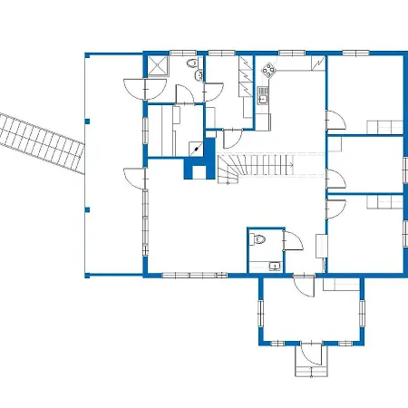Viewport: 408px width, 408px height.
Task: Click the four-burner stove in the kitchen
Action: tap(269, 67)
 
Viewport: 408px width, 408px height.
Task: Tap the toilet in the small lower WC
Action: tap(260, 241)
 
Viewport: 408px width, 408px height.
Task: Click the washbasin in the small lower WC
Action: tap(273, 263)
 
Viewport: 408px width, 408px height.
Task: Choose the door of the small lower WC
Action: tap(293, 240)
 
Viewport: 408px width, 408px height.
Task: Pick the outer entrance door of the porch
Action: tap(311, 350)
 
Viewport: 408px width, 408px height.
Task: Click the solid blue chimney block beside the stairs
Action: tap(194, 169)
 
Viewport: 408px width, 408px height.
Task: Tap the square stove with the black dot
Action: tap(196, 150)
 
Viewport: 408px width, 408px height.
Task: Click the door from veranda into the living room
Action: tap(133, 176)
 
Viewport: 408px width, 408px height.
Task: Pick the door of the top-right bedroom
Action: tap(335, 120)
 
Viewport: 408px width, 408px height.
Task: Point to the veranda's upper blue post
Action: tap(88, 119)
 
